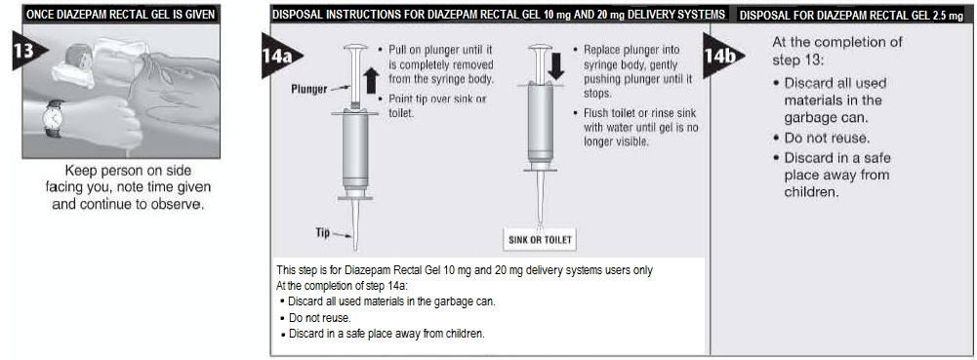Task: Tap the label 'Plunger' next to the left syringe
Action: point(309,89)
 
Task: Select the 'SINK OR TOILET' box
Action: point(540,239)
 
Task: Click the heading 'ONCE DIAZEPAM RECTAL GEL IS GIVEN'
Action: point(121,15)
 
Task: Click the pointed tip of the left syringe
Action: point(356,249)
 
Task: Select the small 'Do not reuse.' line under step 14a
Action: point(315,318)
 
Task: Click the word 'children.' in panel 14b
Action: point(811,192)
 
